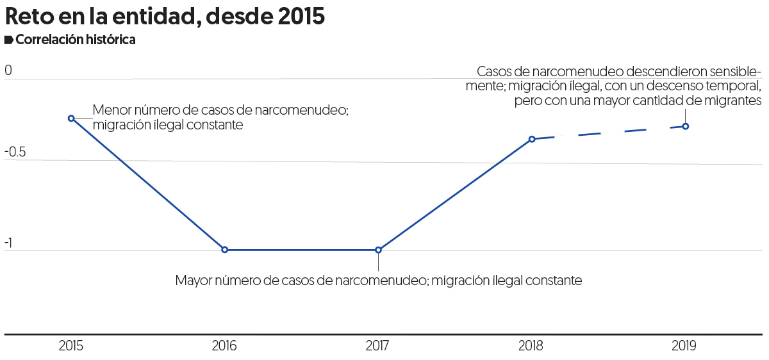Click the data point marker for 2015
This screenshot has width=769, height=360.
click(x=71, y=118)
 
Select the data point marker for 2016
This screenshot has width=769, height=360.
click(x=224, y=250)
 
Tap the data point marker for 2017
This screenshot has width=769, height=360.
click(x=378, y=250)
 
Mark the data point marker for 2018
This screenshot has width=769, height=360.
click(x=532, y=139)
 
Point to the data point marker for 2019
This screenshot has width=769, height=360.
click(x=686, y=126)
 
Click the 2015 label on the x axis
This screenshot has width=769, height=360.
click(x=70, y=346)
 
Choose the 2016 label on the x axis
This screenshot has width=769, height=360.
click(x=224, y=346)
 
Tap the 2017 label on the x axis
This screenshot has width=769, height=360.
click(x=378, y=346)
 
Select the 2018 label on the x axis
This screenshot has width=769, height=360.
click(x=531, y=346)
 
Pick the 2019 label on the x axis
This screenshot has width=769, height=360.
click(x=684, y=346)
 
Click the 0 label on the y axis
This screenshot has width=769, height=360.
click(x=8, y=70)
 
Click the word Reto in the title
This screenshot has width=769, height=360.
click(x=29, y=17)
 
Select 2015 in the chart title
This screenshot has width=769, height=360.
click(x=301, y=17)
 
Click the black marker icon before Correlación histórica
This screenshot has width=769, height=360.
click(x=8, y=40)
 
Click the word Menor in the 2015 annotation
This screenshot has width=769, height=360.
click(x=110, y=110)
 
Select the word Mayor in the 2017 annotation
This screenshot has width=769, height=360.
click(x=193, y=281)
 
